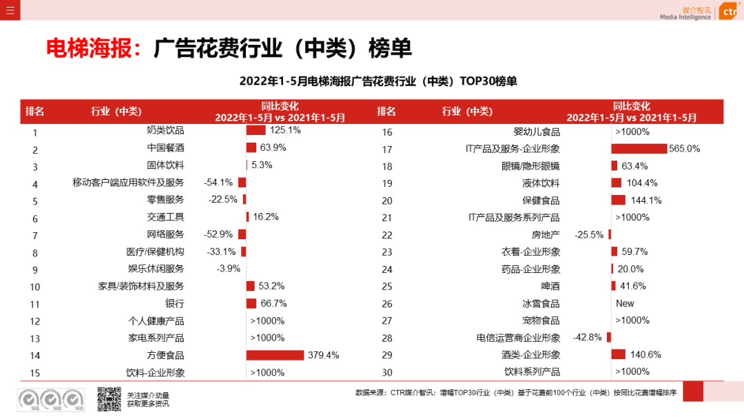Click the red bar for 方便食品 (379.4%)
(x=275, y=355)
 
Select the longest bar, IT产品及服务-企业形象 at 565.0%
(x=639, y=149)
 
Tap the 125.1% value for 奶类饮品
(x=285, y=130)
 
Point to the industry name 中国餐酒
(x=165, y=147)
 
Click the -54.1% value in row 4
(x=218, y=183)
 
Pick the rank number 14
(x=36, y=356)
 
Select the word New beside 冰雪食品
(x=625, y=303)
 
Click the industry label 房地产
(x=546, y=235)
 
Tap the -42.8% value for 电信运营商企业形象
(x=588, y=338)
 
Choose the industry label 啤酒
(x=550, y=286)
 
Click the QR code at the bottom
(x=109, y=399)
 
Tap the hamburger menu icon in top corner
(x=10, y=10)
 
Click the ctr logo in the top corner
(x=729, y=11)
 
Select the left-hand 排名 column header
(x=35, y=112)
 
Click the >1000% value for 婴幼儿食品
(x=632, y=132)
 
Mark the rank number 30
(x=387, y=373)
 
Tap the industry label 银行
(x=174, y=303)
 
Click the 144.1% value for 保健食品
(x=644, y=201)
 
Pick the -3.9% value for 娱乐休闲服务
(x=228, y=269)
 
